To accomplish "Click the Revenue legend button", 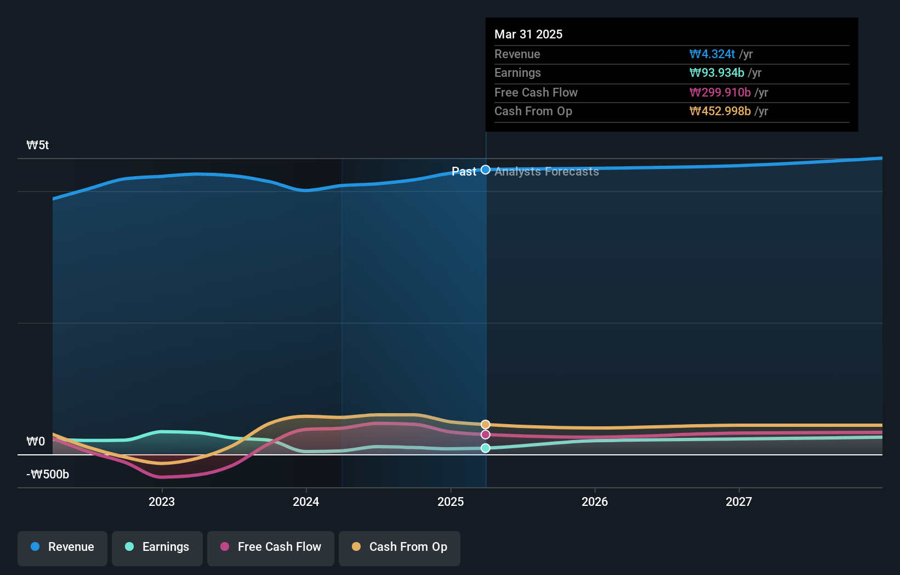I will [62, 547].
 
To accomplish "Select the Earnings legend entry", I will [157, 547].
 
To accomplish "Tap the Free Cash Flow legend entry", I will [271, 547].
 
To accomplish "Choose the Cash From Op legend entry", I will [400, 547].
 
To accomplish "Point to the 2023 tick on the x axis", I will [162, 501].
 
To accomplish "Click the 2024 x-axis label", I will [306, 501].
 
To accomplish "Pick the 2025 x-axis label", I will [451, 501].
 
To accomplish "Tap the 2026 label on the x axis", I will [595, 501].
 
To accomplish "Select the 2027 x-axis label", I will [739, 501].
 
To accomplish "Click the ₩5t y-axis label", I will [38, 145].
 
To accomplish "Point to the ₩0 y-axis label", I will [36, 442].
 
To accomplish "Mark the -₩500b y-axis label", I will [48, 475].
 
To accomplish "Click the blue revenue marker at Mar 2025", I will [486, 170].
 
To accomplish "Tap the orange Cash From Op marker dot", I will [486, 425].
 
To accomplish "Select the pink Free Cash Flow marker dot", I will [486, 435].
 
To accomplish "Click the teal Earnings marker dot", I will [486, 448].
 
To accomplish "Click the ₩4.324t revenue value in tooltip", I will [712, 54].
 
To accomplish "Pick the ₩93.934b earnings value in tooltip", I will [716, 73].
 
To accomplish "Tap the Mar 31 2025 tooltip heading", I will [528, 34].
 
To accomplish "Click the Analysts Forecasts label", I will [546, 172].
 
